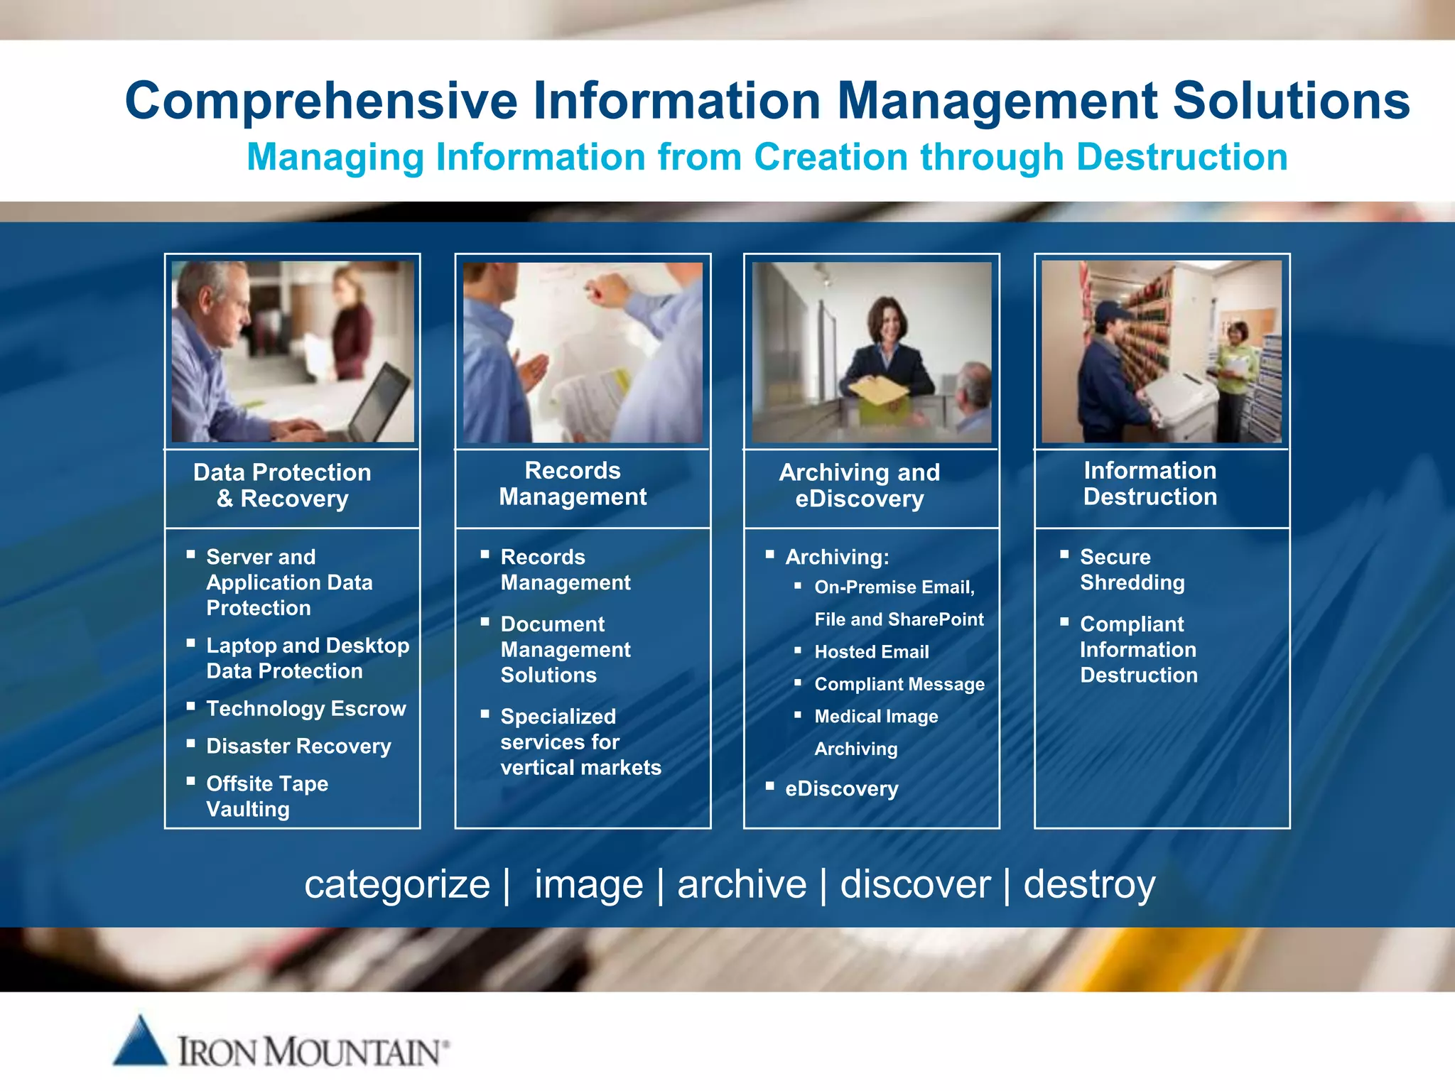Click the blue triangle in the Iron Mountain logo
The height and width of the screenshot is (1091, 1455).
[141, 1043]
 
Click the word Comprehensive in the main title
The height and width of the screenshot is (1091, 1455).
[320, 100]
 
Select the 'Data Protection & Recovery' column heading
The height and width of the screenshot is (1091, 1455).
[282, 485]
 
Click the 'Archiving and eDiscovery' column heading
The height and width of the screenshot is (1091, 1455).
[859, 485]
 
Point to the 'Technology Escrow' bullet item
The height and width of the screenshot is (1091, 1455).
[305, 708]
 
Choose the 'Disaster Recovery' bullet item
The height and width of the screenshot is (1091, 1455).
[298, 746]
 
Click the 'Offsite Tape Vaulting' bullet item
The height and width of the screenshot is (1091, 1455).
[266, 796]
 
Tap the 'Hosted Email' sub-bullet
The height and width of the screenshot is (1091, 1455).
[871, 651]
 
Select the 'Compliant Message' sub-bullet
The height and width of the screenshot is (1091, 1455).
[899, 684]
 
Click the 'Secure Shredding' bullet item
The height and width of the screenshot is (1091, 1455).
[1132, 570]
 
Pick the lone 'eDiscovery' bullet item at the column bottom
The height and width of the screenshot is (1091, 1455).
[841, 788]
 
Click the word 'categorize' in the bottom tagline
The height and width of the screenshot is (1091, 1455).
[397, 885]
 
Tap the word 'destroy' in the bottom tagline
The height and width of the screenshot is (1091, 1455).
[1089, 885]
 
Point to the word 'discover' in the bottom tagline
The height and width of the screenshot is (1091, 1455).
[915, 885]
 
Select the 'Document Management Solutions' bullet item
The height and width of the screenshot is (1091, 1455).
[565, 649]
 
